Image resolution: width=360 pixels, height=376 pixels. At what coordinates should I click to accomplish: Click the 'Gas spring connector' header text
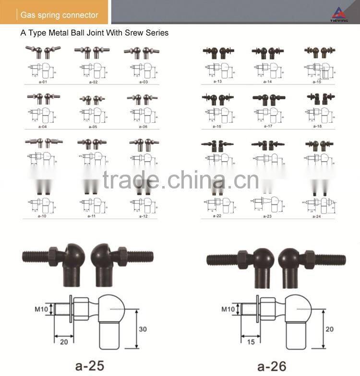pyautogui.click(x=59, y=15)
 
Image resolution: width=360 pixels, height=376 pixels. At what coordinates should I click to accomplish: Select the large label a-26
pyautogui.click(x=271, y=366)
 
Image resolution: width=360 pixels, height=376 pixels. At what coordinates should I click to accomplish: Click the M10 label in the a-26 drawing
pyautogui.click(x=228, y=309)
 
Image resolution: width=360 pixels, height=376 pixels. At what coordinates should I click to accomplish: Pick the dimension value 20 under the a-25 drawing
pyautogui.click(x=64, y=341)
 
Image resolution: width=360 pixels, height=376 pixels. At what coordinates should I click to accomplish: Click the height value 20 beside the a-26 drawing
pyautogui.click(x=329, y=329)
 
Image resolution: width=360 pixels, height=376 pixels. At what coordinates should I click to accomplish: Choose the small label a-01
pyautogui.click(x=42, y=82)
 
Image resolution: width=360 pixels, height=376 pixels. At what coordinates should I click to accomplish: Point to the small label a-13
pyautogui.click(x=218, y=82)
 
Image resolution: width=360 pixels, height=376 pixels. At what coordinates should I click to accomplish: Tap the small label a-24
pyautogui.click(x=317, y=216)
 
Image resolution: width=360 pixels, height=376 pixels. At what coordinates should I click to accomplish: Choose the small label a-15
pyautogui.click(x=317, y=82)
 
